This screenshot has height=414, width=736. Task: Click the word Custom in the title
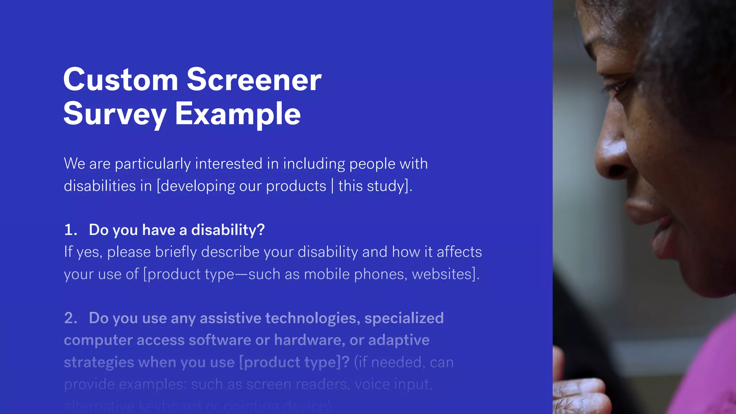coord(121,80)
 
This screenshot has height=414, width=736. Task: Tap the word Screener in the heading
coord(254,80)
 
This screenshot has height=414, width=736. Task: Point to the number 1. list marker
coord(70,230)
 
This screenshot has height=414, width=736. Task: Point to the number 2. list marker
coord(70,318)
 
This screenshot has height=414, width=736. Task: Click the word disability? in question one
coord(228,230)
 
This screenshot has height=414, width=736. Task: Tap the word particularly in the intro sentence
coord(153,164)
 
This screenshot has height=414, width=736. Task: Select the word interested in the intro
coord(229,164)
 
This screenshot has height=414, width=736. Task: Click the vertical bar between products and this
coord(332,186)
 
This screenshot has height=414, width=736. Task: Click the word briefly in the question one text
coord(176,252)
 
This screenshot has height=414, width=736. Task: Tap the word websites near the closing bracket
coord(441,274)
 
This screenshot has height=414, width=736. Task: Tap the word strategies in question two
coord(99,363)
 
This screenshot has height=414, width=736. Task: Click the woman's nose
coord(611,158)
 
